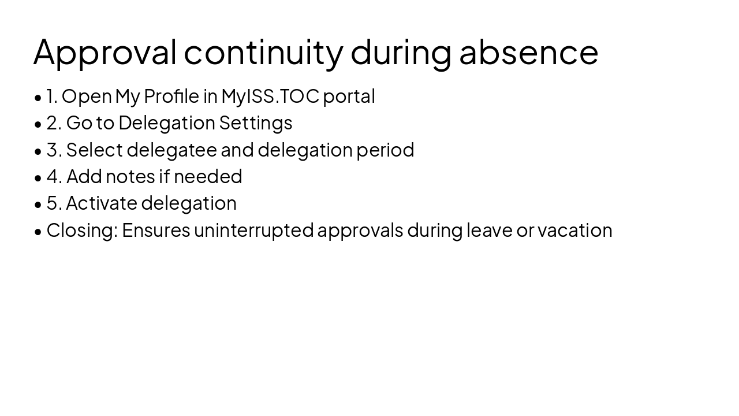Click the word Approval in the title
click(x=104, y=52)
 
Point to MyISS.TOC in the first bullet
click(x=270, y=96)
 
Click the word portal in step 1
click(x=349, y=96)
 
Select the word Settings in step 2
click(x=256, y=123)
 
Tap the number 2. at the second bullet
click(x=54, y=123)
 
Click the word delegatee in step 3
click(x=171, y=150)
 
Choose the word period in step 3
click(x=385, y=150)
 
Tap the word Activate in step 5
click(x=102, y=203)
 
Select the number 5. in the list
click(x=54, y=203)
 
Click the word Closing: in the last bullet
click(x=82, y=230)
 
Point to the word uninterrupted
click(x=253, y=230)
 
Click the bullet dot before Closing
click(x=38, y=231)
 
